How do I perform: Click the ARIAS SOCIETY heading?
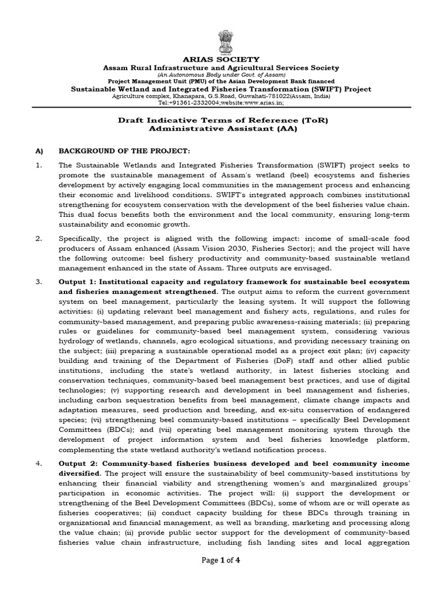[x=221, y=59]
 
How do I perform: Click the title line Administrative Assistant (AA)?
[x=221, y=129]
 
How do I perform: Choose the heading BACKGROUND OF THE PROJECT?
[x=124, y=151]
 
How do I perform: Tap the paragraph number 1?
[x=39, y=166]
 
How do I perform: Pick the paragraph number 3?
[x=39, y=282]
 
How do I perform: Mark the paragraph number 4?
[x=39, y=464]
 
